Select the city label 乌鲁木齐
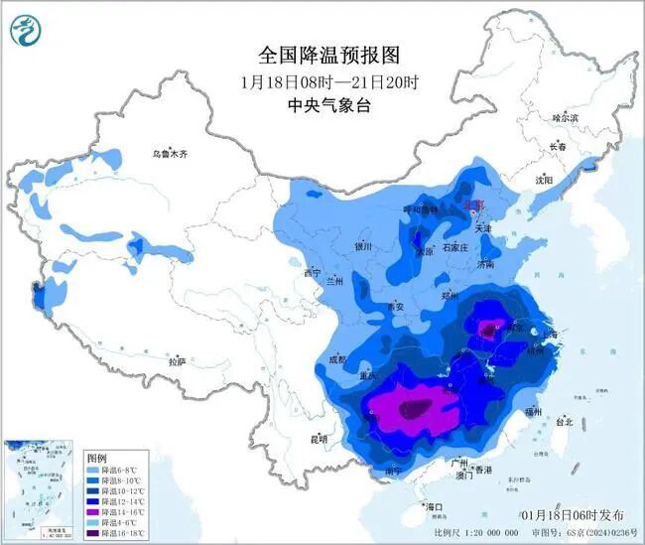(x=170, y=154)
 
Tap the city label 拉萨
(x=178, y=362)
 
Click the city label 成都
(x=335, y=360)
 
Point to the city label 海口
(x=435, y=506)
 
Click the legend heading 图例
(x=96, y=458)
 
